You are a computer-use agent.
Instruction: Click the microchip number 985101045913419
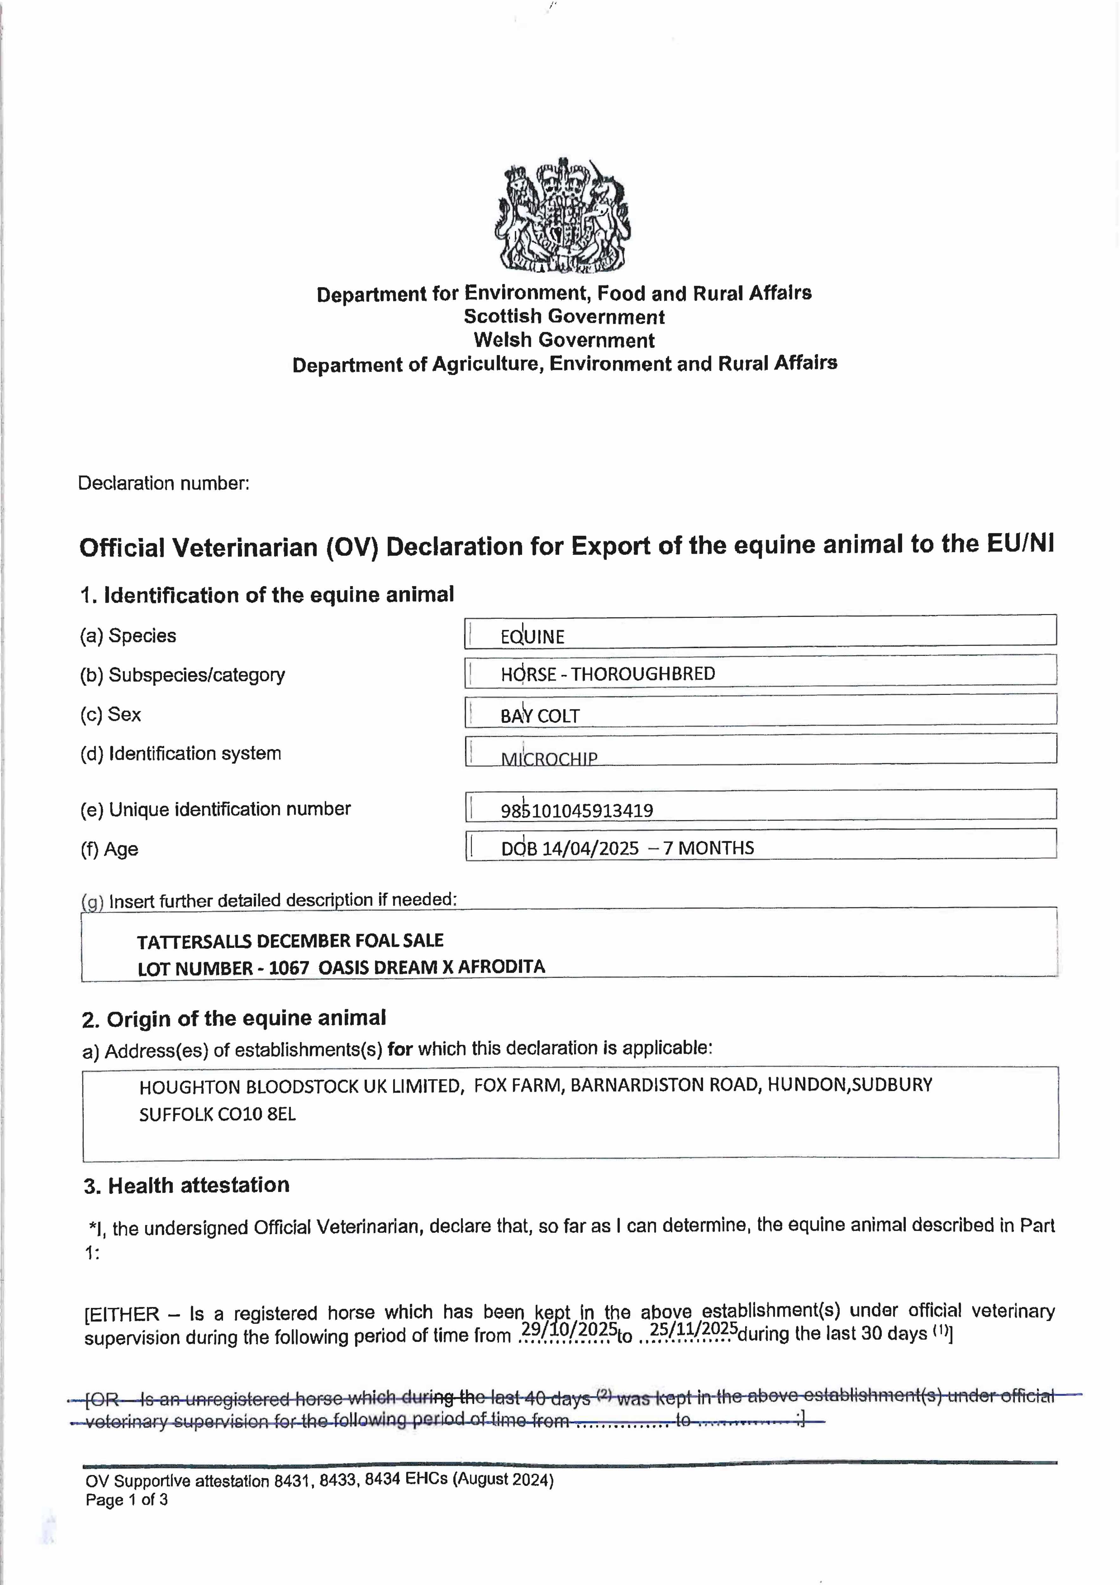coord(577,811)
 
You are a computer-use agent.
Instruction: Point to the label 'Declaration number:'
coord(163,483)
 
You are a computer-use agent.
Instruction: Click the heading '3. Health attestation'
coord(186,1185)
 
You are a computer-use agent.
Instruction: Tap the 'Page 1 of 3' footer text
coord(126,1499)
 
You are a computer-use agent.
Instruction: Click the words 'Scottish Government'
coord(564,317)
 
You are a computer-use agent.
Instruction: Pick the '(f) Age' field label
coord(109,849)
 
